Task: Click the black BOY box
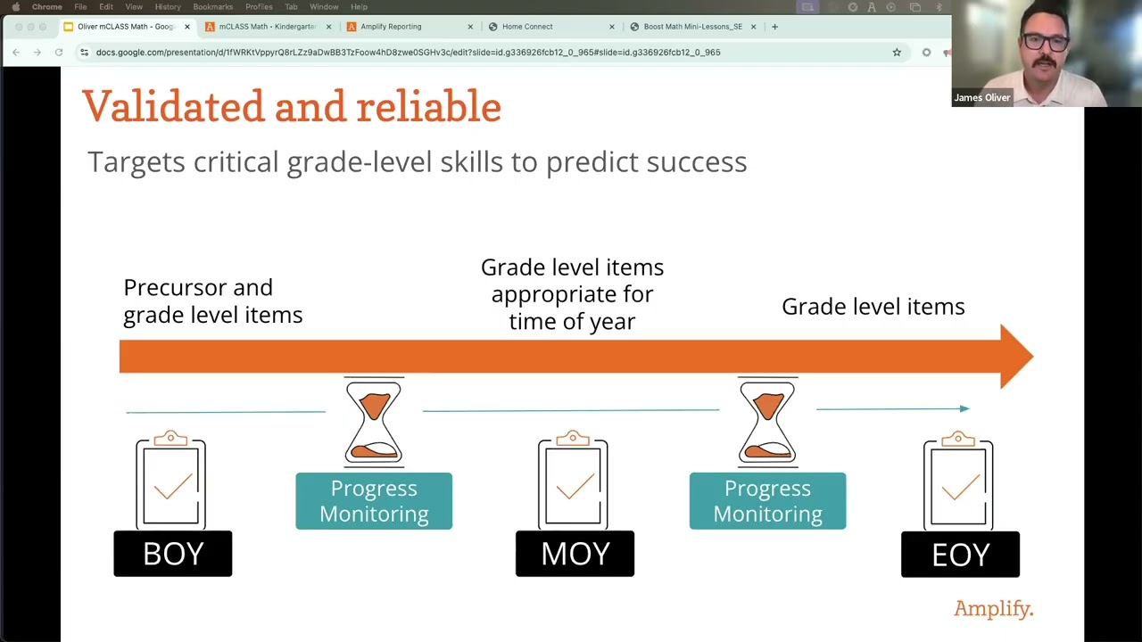[172, 554]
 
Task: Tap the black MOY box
[575, 554]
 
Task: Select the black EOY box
[960, 555]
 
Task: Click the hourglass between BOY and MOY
[374, 422]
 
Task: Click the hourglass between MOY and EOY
[767, 422]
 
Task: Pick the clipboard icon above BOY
[171, 481]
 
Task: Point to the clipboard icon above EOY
[958, 481]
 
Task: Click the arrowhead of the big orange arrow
[1015, 357]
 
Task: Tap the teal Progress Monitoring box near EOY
[767, 501]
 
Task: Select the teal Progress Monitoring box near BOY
[374, 501]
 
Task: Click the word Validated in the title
[173, 107]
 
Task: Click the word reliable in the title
[428, 107]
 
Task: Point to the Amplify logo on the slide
[993, 609]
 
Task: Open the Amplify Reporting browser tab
[391, 27]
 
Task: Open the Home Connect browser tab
[526, 27]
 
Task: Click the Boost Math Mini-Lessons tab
[692, 27]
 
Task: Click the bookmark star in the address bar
[897, 53]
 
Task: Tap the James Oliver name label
[981, 98]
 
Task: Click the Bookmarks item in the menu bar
[212, 7]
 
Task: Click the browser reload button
[59, 53]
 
